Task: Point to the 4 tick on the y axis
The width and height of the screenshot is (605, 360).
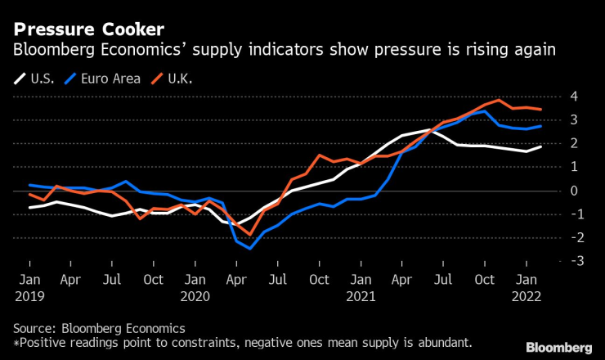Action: point(574,96)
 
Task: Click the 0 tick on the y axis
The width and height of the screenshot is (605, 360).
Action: point(574,190)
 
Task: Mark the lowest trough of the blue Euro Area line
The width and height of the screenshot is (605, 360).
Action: point(250,248)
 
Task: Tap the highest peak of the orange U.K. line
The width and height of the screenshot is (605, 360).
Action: point(498,101)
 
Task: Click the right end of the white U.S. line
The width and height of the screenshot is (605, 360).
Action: point(540,146)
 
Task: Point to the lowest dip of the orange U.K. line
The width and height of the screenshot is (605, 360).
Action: point(250,235)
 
